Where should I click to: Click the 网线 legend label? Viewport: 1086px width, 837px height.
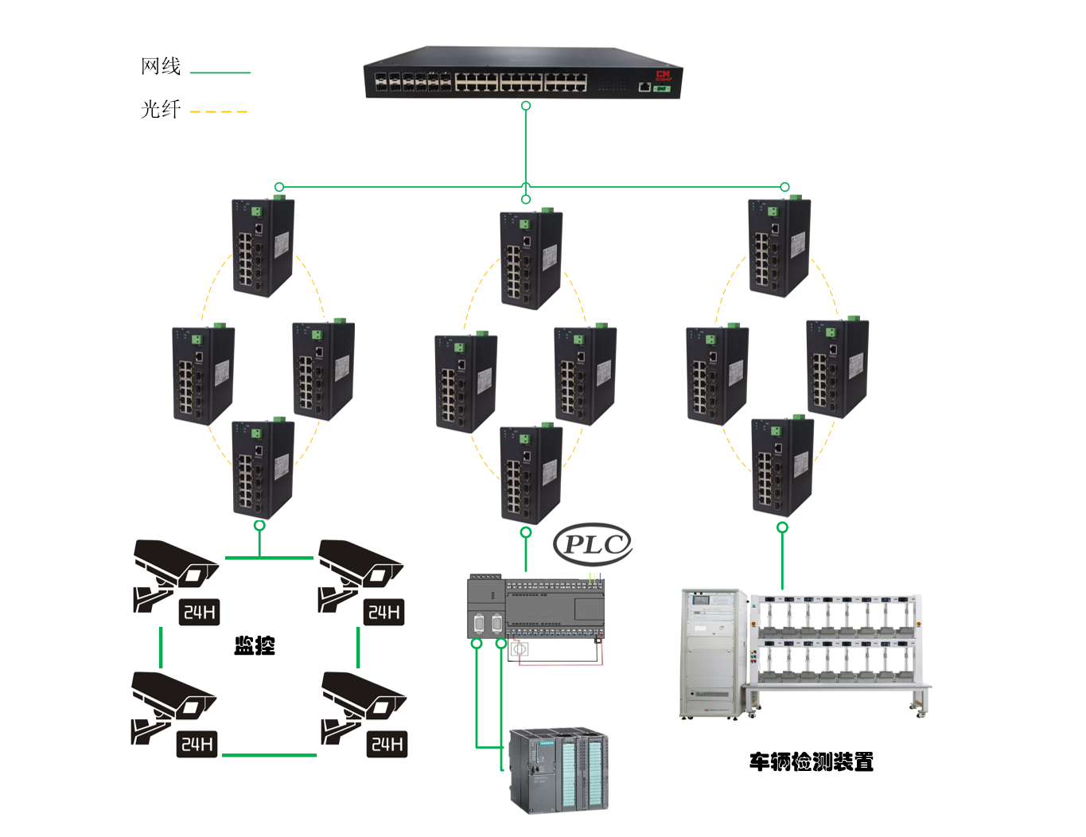pyautogui.click(x=161, y=66)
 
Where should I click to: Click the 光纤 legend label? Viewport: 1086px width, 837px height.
pyautogui.click(x=161, y=109)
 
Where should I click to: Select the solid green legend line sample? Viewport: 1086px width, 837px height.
pyautogui.click(x=220, y=72)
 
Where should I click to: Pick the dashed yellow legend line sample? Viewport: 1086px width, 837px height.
pyautogui.click(x=219, y=111)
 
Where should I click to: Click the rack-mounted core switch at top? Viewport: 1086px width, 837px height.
pyautogui.click(x=522, y=73)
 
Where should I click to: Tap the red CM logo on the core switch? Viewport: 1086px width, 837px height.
pyautogui.click(x=663, y=75)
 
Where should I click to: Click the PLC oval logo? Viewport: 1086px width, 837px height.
pyautogui.click(x=592, y=544)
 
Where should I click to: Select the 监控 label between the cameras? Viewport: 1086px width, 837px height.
pyautogui.click(x=255, y=645)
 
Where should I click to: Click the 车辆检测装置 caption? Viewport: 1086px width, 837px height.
pyautogui.click(x=811, y=762)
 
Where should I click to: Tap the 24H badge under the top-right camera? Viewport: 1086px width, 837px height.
pyautogui.click(x=384, y=612)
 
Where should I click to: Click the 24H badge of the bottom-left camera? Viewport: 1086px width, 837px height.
pyautogui.click(x=197, y=744)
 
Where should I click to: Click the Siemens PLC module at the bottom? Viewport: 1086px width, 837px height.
pyautogui.click(x=559, y=770)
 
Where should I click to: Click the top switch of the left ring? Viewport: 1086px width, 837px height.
pyautogui.click(x=263, y=247)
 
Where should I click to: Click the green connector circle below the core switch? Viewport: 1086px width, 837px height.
pyautogui.click(x=525, y=106)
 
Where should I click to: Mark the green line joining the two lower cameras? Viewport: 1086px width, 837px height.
pyautogui.click(x=269, y=754)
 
